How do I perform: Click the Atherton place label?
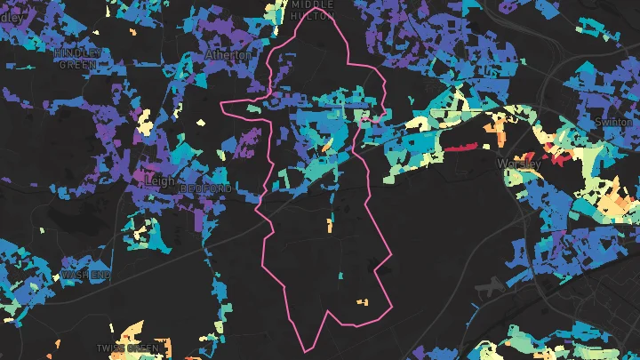point(228,54)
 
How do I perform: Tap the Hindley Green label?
point(78,59)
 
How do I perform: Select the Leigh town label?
point(159,181)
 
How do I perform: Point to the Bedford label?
point(205,189)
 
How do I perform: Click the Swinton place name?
point(612,122)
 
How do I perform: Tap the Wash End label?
point(86,275)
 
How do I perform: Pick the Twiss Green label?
point(130,348)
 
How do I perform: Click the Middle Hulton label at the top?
point(312,9)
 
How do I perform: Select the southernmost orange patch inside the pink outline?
point(362,302)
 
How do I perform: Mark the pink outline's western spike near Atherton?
point(222,105)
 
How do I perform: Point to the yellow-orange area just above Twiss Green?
point(130,330)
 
